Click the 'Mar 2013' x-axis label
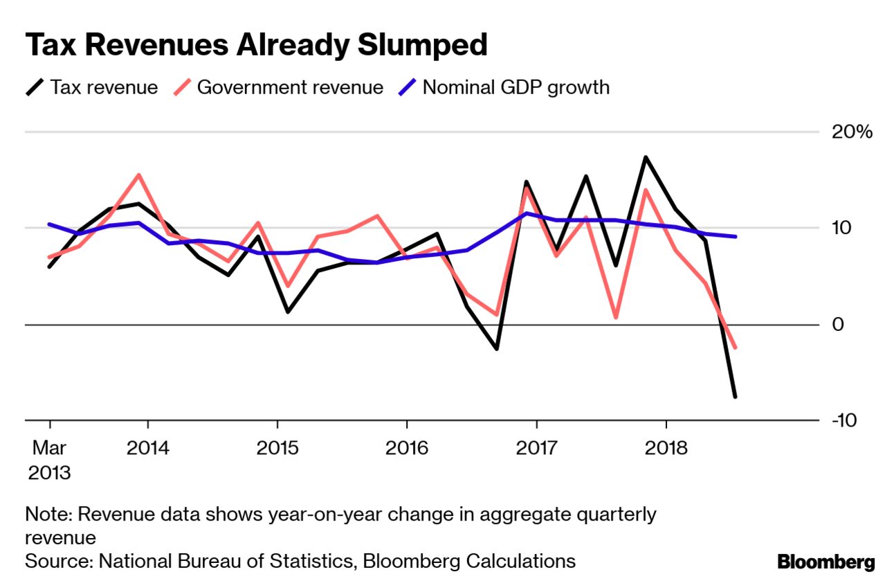49,460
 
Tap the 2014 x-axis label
147,447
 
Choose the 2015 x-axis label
277,447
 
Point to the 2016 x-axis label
406,447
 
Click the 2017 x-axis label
536,447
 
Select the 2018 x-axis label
666,447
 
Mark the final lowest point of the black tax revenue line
735,397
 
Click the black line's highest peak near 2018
646,157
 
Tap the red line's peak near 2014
139,174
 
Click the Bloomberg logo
825,561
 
